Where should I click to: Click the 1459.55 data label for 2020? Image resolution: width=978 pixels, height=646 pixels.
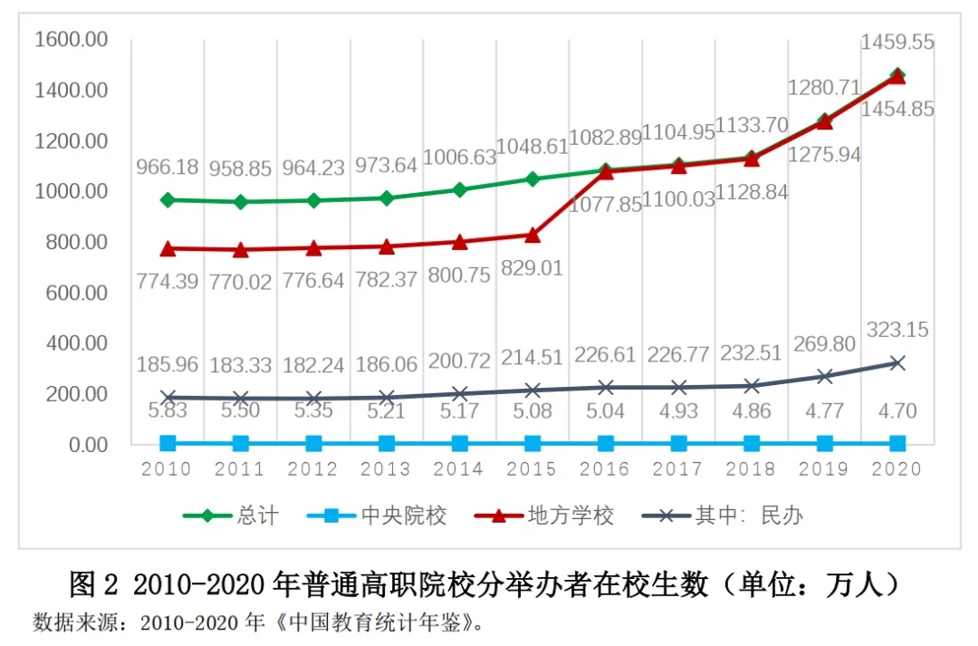897,42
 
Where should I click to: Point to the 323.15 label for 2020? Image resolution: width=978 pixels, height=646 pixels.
896,331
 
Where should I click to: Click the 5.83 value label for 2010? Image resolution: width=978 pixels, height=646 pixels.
168,410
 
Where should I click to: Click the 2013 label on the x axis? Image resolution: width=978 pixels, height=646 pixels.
386,468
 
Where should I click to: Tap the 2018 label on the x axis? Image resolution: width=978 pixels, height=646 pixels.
751,468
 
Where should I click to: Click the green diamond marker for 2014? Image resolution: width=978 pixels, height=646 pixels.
459,189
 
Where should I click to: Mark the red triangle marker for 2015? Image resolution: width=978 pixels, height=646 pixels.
532,235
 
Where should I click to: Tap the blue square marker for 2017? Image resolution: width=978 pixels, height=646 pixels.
678,443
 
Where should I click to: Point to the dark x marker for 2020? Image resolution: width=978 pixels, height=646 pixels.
896,362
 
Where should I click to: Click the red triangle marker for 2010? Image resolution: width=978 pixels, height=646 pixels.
168,248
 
